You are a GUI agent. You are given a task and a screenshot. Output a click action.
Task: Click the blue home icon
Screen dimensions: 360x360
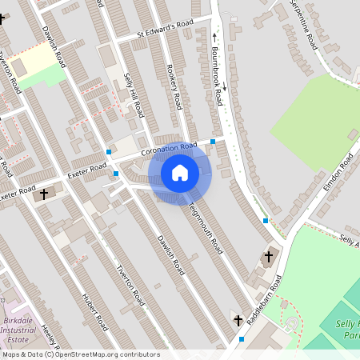180,173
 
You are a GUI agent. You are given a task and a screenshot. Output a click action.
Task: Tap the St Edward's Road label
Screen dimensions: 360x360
166,29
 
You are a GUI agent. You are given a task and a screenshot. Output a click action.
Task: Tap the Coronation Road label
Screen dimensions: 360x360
168,149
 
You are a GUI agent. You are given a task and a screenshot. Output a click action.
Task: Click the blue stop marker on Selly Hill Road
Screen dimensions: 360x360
109,151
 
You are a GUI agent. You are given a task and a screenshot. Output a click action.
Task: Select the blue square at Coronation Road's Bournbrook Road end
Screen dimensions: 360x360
213,142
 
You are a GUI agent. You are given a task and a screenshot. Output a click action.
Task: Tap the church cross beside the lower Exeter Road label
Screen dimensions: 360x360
44,193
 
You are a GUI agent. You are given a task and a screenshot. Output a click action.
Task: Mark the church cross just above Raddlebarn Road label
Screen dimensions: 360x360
268,257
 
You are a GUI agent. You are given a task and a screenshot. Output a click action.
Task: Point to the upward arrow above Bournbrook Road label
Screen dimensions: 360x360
214,36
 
